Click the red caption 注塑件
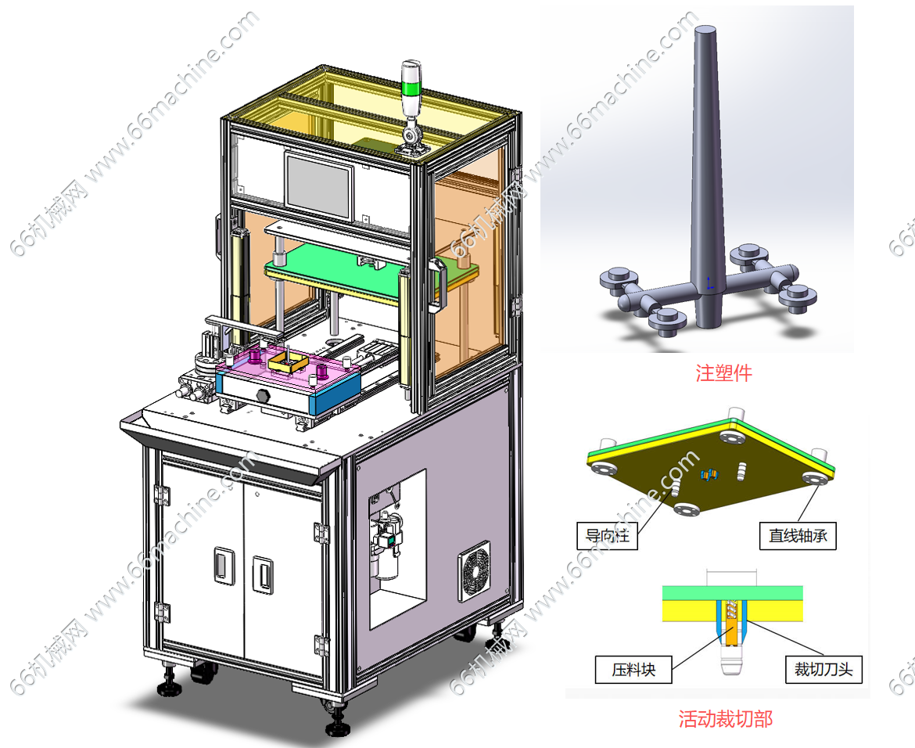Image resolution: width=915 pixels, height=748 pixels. click(723, 372)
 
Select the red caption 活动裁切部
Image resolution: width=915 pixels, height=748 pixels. click(725, 718)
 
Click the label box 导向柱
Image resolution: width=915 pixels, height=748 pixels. click(608, 535)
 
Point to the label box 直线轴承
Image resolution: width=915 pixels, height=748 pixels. click(798, 535)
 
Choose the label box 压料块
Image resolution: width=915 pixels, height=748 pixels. click(633, 669)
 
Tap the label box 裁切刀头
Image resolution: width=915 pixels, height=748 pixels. click(823, 669)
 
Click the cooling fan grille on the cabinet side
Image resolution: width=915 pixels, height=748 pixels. click(473, 571)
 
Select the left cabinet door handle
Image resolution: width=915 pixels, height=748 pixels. click(224, 565)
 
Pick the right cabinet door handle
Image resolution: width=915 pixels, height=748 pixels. click(263, 574)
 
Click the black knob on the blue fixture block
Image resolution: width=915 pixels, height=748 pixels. click(261, 396)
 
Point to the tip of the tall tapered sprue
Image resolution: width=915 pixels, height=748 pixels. click(706, 28)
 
